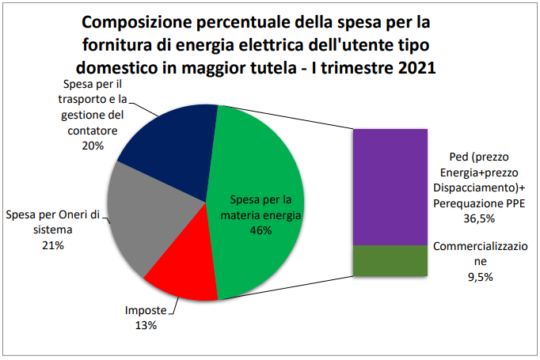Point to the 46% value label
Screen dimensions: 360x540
260,230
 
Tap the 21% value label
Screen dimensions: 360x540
53,246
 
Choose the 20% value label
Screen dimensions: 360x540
93,146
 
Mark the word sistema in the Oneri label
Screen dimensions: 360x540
53,230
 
